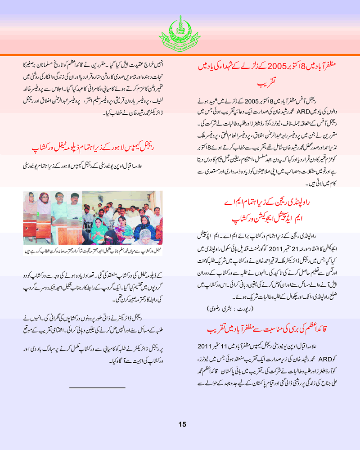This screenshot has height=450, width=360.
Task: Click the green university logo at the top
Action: click(x=180, y=30)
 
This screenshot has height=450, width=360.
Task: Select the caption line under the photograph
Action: click(x=92, y=249)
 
